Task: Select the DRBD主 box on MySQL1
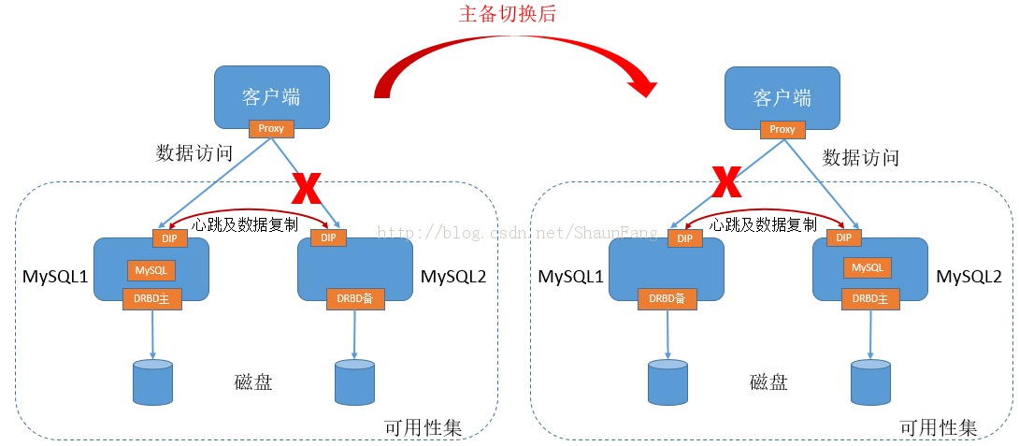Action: (151, 298)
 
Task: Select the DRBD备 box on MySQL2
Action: (354, 298)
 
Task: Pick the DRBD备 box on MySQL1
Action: (667, 298)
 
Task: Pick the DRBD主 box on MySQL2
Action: (869, 298)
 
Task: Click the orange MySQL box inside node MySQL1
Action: (151, 270)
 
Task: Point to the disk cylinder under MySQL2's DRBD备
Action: (354, 381)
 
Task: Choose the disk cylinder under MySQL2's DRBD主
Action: (870, 381)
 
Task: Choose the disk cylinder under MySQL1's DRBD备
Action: (667, 381)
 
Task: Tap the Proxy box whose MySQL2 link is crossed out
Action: (271, 129)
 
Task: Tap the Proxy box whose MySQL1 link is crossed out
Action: (782, 129)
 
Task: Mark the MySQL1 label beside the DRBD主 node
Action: (56, 277)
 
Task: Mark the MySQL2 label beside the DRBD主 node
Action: (969, 277)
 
